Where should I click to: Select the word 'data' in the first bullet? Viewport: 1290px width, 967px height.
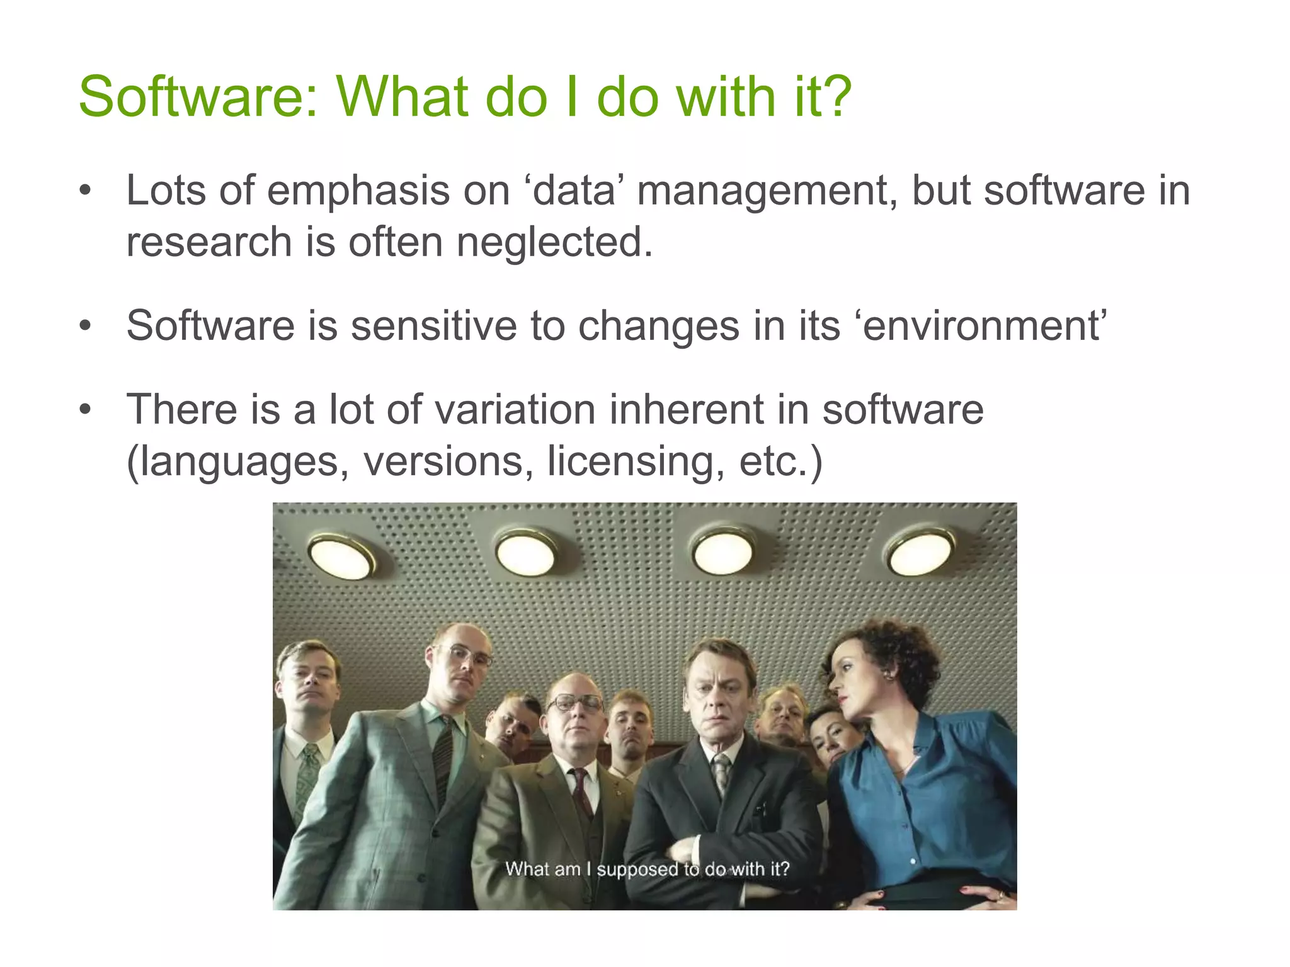[573, 190]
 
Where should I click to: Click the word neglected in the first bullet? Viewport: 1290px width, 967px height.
[554, 242]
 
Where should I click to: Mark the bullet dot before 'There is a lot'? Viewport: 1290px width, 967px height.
[86, 410]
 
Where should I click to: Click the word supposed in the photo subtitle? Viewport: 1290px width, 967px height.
[638, 869]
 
